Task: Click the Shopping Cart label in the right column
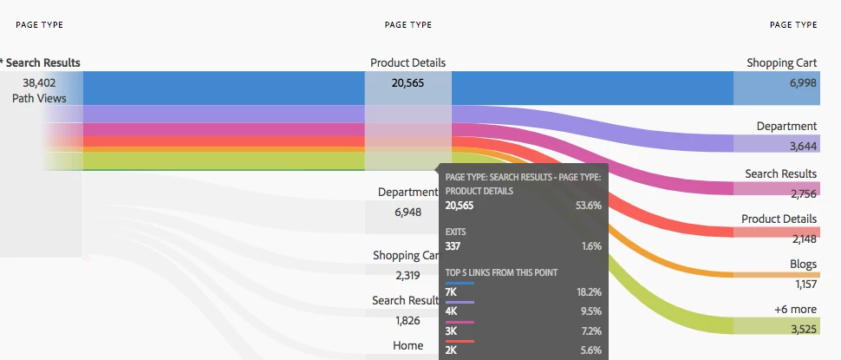(781, 62)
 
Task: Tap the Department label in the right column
(786, 126)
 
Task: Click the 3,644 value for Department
(802, 145)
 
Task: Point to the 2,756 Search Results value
(802, 193)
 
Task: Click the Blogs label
(802, 264)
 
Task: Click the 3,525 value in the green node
(802, 328)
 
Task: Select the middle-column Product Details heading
(407, 62)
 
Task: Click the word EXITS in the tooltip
(457, 232)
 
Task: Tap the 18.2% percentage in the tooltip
(589, 292)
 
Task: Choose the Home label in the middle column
(407, 345)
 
